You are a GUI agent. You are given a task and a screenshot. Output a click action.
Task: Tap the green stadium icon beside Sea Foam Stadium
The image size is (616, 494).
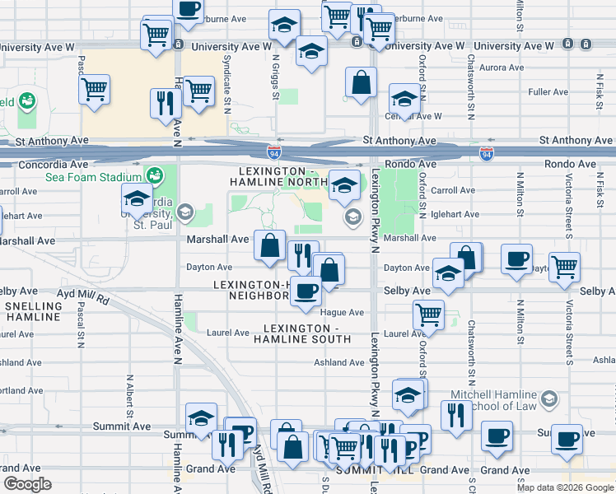[x=153, y=175]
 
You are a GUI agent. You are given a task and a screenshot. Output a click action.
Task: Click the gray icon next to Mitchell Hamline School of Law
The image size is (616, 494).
[x=550, y=399]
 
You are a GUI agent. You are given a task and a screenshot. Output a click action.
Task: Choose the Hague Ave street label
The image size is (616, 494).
[x=343, y=313]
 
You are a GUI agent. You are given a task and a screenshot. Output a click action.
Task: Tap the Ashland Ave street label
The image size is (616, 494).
[x=338, y=362]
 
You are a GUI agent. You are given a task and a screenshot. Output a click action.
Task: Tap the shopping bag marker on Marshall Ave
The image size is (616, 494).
[x=270, y=245]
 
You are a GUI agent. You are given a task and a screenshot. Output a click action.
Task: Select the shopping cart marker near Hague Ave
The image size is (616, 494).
[x=428, y=315]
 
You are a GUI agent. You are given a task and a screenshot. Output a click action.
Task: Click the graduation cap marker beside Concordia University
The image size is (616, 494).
[x=137, y=198]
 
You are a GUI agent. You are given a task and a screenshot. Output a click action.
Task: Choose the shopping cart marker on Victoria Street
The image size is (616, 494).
[x=564, y=266]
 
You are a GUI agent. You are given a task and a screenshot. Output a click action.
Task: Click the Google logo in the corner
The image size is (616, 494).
[x=28, y=484]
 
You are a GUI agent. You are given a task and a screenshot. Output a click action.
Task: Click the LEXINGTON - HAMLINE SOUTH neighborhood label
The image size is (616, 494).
[x=302, y=333]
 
